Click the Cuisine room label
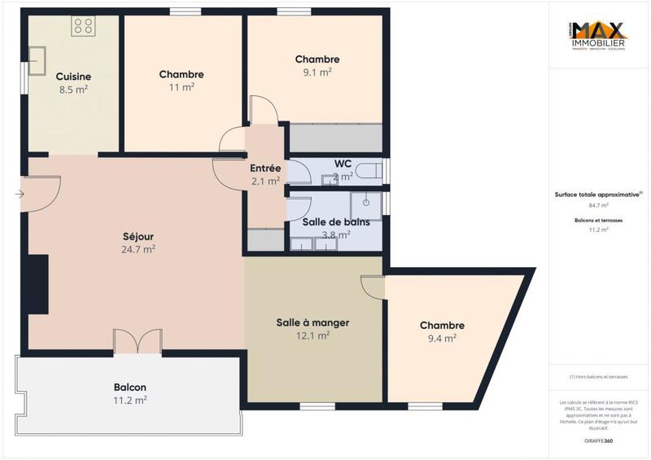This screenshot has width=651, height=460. tap(72, 77)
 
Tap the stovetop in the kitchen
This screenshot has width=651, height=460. tap(83, 25)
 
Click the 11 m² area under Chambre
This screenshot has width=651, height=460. tap(181, 88)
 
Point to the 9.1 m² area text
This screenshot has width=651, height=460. tap(317, 72)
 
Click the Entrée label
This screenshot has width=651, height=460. tap(265, 168)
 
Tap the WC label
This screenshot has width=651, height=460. tap(343, 163)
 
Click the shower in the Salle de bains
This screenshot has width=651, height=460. tap(366, 202)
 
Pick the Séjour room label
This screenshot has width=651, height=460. tap(138, 236)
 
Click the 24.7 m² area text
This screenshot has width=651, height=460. tap(138, 250)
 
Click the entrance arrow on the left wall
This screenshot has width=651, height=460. tap(20, 194)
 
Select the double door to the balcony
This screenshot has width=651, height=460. tap(138, 342)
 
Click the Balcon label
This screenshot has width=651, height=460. tap(130, 387)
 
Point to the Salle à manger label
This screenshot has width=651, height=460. tap(313, 322)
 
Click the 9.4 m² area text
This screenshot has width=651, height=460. tap(443, 338)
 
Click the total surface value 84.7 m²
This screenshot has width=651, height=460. tap(598, 206)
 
